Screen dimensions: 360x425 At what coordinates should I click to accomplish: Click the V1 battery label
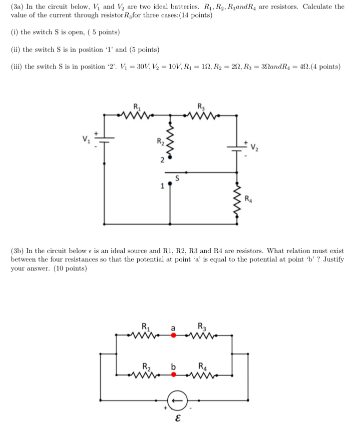pos(86,137)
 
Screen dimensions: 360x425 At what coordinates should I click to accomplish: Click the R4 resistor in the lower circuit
pos(202,375)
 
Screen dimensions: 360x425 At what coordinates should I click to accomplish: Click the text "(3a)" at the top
pos(17,6)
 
